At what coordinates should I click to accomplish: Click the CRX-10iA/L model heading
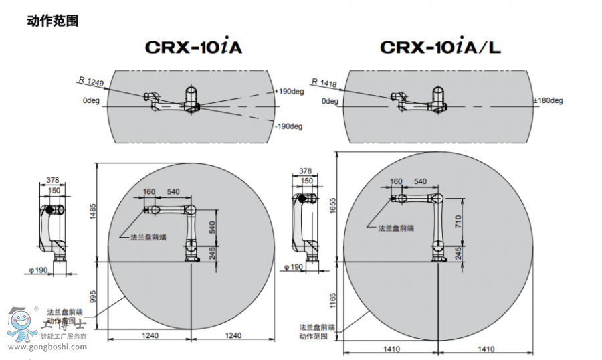coord(440,48)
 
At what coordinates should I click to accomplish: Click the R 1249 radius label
coord(91,82)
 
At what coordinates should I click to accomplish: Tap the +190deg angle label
coord(289,92)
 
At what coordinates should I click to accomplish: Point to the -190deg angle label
coord(288,126)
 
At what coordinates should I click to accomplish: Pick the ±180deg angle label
coord(548,101)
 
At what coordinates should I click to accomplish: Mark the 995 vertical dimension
coord(94,296)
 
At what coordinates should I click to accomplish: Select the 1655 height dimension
coord(332,207)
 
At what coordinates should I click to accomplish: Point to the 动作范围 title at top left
coord(53,21)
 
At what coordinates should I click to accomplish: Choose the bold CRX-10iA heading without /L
coord(193,48)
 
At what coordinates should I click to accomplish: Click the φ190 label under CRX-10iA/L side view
coord(293,266)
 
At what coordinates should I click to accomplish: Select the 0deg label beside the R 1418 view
coord(330,101)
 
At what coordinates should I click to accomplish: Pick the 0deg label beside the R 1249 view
coord(91,101)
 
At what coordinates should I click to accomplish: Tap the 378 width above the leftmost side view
coord(54,180)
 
